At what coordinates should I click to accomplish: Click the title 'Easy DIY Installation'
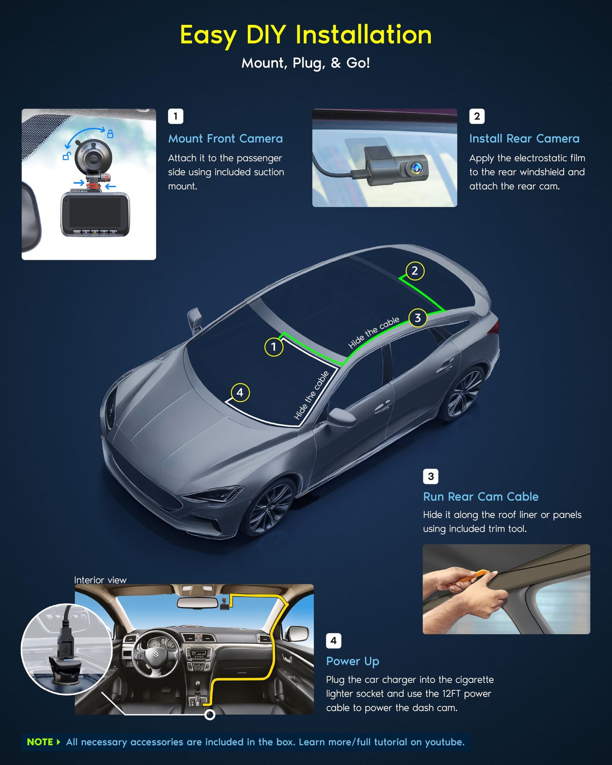(x=306, y=35)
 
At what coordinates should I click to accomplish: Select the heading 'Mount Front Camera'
(x=225, y=139)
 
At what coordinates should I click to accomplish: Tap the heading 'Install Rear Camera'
(x=524, y=139)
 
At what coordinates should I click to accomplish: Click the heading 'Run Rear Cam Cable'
(x=481, y=496)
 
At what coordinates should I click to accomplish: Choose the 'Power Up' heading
(x=352, y=661)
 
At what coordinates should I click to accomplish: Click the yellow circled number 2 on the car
(x=415, y=271)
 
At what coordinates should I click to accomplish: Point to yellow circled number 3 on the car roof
(x=418, y=318)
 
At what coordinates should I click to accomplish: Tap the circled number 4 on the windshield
(x=240, y=393)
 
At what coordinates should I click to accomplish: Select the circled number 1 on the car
(x=274, y=347)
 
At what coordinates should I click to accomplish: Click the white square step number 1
(x=175, y=116)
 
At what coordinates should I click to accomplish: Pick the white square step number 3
(x=431, y=476)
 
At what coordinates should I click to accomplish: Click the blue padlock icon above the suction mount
(x=110, y=134)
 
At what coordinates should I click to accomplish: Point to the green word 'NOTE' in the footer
(x=40, y=742)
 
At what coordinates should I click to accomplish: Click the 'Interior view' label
(x=100, y=580)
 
